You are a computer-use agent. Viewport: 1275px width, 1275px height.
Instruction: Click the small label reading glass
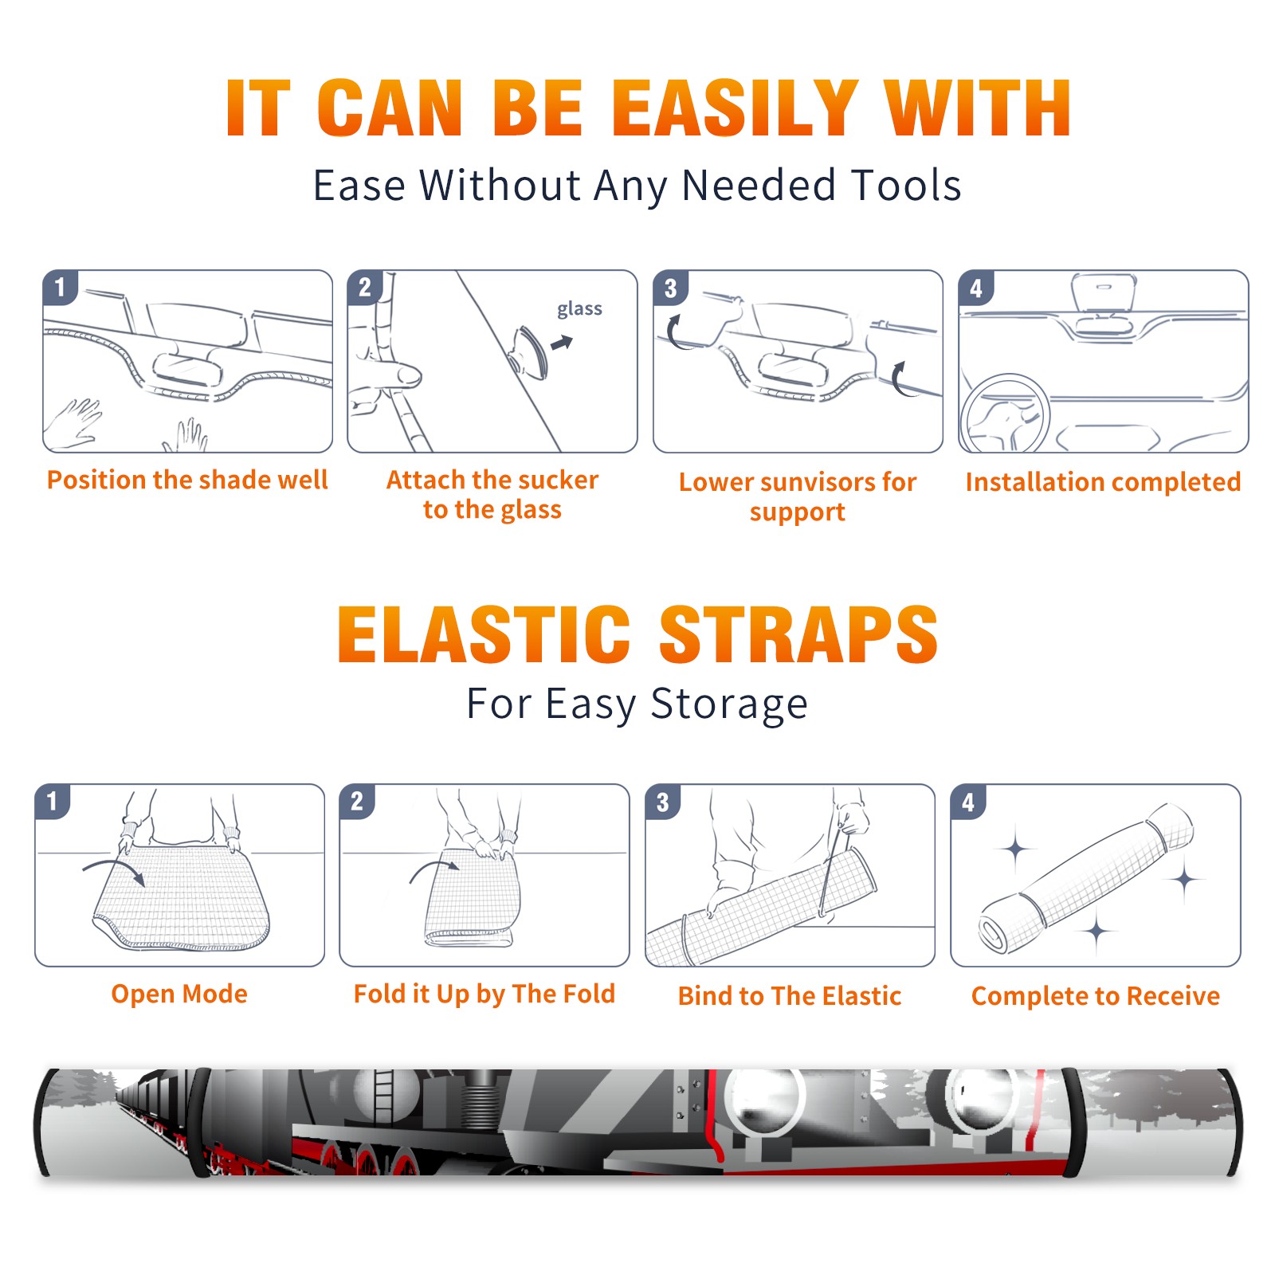pyautogui.click(x=579, y=309)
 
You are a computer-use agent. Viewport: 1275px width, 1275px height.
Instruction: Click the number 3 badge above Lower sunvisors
pyautogui.click(x=670, y=288)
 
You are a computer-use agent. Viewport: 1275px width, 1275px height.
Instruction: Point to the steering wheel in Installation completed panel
pyautogui.click(x=1005, y=414)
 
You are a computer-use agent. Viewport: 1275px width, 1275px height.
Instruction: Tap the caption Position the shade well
pyautogui.click(x=187, y=481)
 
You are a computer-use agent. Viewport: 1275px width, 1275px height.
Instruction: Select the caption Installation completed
pyautogui.click(x=1103, y=482)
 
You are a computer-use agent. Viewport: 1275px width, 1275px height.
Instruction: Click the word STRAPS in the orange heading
pyautogui.click(x=798, y=634)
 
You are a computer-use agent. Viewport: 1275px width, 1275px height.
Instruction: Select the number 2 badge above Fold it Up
pyautogui.click(x=357, y=802)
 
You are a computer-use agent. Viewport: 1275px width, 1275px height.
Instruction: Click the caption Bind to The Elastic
pyautogui.click(x=789, y=996)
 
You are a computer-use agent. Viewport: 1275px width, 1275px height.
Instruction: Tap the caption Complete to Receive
pyautogui.click(x=1095, y=996)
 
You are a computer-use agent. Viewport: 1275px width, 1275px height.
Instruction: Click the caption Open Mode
pyautogui.click(x=179, y=994)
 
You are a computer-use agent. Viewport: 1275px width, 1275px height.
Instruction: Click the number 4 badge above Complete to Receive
pyautogui.click(x=968, y=802)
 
